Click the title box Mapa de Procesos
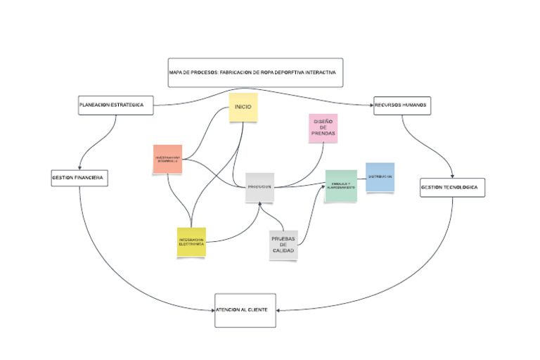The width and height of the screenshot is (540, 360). point(255,72)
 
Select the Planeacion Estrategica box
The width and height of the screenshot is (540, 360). point(115,105)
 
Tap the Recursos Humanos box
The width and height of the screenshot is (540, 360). point(401,105)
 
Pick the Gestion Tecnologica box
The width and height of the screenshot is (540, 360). point(453,188)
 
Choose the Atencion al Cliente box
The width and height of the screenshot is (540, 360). point(245,310)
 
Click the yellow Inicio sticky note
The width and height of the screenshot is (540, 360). point(243,108)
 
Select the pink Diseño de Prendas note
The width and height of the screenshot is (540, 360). point(323,128)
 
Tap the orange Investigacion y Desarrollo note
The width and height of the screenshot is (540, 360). point(168,159)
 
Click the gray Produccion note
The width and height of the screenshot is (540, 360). point(259,187)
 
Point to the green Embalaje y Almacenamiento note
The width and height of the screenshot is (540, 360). point(340,186)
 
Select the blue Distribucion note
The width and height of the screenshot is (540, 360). point(380,176)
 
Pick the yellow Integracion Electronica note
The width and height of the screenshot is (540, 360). point(191,242)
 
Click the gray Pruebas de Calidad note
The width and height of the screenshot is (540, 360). point(283,245)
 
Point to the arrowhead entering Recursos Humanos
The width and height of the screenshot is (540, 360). point(371,105)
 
